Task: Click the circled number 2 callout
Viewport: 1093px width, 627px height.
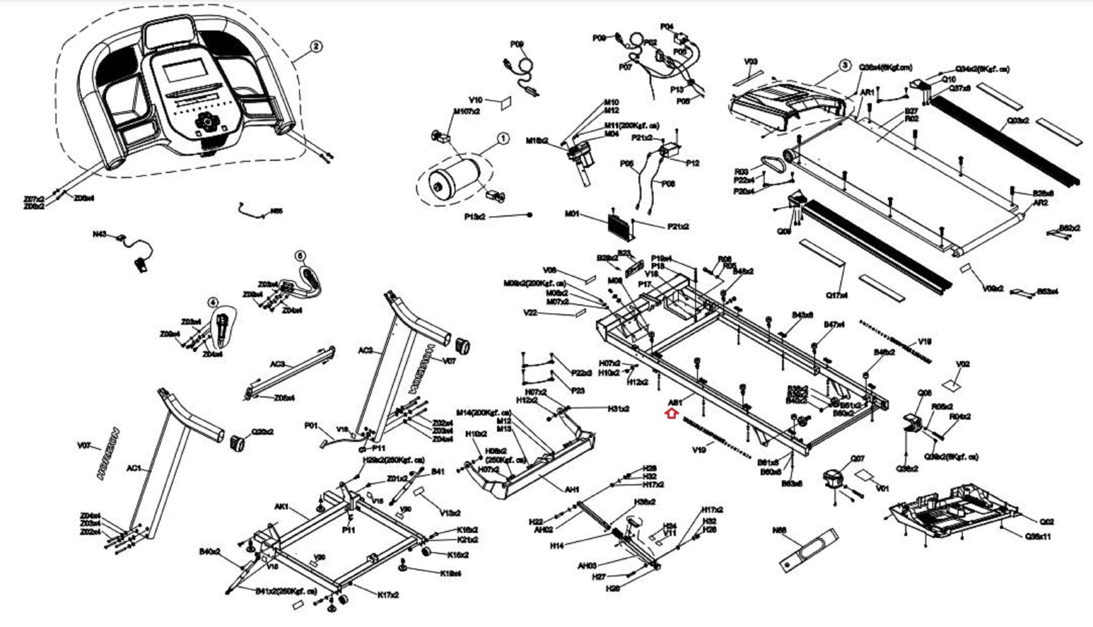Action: [316, 46]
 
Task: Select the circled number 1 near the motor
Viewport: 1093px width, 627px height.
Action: [503, 139]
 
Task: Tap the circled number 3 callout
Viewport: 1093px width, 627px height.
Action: [844, 66]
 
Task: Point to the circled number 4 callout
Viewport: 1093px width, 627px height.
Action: [213, 303]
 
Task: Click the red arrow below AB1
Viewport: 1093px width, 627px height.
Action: [671, 413]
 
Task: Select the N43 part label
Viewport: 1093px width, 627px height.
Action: [99, 234]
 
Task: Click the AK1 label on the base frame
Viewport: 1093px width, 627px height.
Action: [281, 506]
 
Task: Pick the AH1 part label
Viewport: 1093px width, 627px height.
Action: [572, 489]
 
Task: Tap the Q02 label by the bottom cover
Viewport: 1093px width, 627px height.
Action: [1047, 522]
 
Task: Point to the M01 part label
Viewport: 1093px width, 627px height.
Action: [572, 214]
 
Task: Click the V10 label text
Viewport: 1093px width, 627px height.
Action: [476, 100]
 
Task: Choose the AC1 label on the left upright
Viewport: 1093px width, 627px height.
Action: [133, 468]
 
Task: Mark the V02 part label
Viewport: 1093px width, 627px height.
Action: [962, 364]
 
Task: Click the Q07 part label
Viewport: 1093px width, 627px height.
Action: [857, 459]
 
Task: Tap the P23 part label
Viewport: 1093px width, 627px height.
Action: [578, 390]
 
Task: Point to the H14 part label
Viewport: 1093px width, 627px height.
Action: [557, 546]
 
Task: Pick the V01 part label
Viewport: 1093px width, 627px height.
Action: [882, 488]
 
